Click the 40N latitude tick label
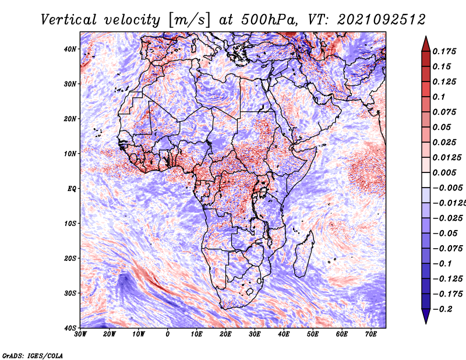70,49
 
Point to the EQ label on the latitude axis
72,189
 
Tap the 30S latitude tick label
70,294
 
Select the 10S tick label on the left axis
70,224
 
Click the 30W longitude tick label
80,334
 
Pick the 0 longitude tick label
168,334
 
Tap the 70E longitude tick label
371,334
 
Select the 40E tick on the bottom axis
284,334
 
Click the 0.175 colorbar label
444,51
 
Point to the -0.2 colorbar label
443,309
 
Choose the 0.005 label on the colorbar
444,172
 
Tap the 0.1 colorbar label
439,97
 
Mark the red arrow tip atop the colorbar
426,36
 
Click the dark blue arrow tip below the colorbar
426,324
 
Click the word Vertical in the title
69,20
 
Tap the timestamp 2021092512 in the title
382,20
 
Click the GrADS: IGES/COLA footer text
33,355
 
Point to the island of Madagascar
303,255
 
